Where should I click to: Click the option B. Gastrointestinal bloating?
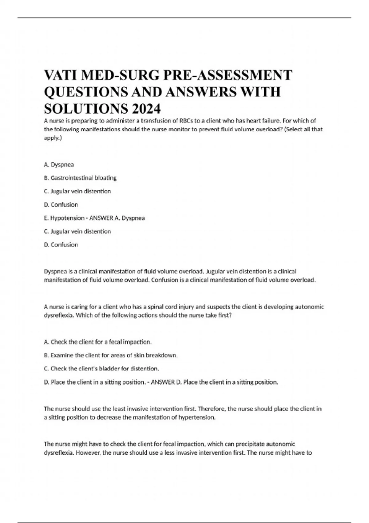coord(80,178)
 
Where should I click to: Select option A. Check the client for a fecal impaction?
coord(98,342)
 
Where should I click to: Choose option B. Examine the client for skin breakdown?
coord(111,355)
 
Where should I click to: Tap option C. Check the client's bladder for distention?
coord(101,369)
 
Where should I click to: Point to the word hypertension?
coord(197,417)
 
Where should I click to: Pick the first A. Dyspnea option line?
coord(59,165)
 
